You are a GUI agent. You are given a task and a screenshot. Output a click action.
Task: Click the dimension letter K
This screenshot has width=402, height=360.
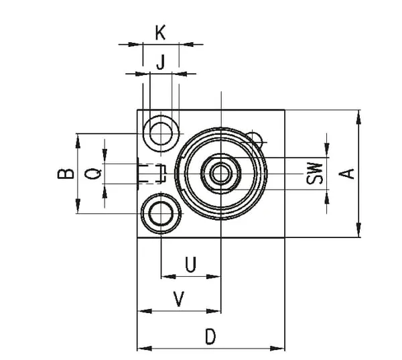tap(160, 32)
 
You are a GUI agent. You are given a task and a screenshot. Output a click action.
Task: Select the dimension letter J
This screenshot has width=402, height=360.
tap(160, 62)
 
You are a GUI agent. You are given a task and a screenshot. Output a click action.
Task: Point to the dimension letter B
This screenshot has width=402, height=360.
tap(65, 173)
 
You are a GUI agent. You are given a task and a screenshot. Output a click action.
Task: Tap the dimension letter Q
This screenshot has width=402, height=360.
tap(95, 173)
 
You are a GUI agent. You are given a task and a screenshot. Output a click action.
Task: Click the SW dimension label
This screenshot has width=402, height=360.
tap(315, 173)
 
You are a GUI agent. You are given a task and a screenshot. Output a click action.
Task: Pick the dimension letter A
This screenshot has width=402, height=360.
tap(346, 173)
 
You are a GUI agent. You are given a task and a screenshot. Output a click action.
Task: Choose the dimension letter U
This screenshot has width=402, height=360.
tap(190, 265)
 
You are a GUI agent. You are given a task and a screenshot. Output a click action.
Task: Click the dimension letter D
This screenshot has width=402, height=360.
tap(210, 337)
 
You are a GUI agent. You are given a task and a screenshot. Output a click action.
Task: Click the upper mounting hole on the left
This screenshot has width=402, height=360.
tap(161, 131)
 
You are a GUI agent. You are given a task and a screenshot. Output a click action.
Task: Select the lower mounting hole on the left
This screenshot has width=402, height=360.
tap(161, 215)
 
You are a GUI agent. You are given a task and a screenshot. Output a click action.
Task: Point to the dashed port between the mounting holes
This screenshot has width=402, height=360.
tap(153, 173)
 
